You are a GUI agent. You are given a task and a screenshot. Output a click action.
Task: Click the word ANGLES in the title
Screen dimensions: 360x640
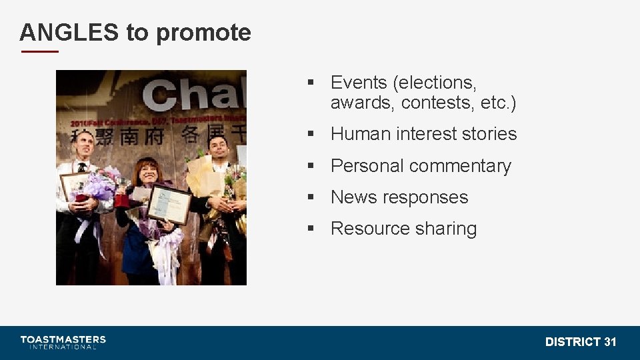(69, 32)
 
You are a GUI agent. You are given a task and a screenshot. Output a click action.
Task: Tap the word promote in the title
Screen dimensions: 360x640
(203, 33)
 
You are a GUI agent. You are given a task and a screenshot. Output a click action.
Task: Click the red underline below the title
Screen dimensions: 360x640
(39, 51)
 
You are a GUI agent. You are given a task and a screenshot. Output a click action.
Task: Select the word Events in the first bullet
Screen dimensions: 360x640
(359, 83)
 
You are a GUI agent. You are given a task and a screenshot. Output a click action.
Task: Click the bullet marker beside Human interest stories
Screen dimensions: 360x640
(311, 134)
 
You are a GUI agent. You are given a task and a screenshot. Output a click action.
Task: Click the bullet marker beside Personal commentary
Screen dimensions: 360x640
(311, 166)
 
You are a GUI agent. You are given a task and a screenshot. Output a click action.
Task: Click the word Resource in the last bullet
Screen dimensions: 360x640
(369, 229)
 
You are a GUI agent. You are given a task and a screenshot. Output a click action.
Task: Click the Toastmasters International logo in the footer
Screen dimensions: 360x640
(63, 342)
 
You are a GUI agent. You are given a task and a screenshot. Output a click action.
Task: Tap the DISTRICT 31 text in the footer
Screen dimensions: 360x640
(581, 342)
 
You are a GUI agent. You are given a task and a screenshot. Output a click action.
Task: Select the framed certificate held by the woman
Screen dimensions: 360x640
(169, 203)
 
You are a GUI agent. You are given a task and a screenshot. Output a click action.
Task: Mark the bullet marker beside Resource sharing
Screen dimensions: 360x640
(311, 229)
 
